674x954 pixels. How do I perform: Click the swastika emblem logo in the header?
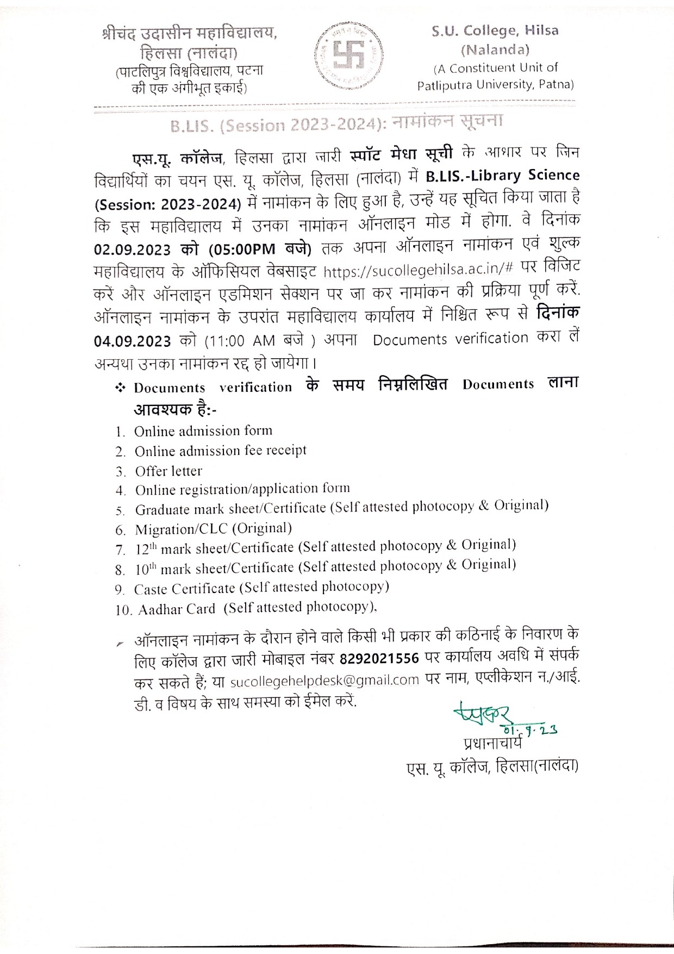[x=348, y=55]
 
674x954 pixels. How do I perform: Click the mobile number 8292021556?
[x=379, y=659]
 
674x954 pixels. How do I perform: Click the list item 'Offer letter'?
[x=168, y=471]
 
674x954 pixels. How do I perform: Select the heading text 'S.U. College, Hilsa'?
[x=495, y=31]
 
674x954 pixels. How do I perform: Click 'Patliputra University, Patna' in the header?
[x=495, y=85]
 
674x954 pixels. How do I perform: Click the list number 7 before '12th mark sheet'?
[x=120, y=550]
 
